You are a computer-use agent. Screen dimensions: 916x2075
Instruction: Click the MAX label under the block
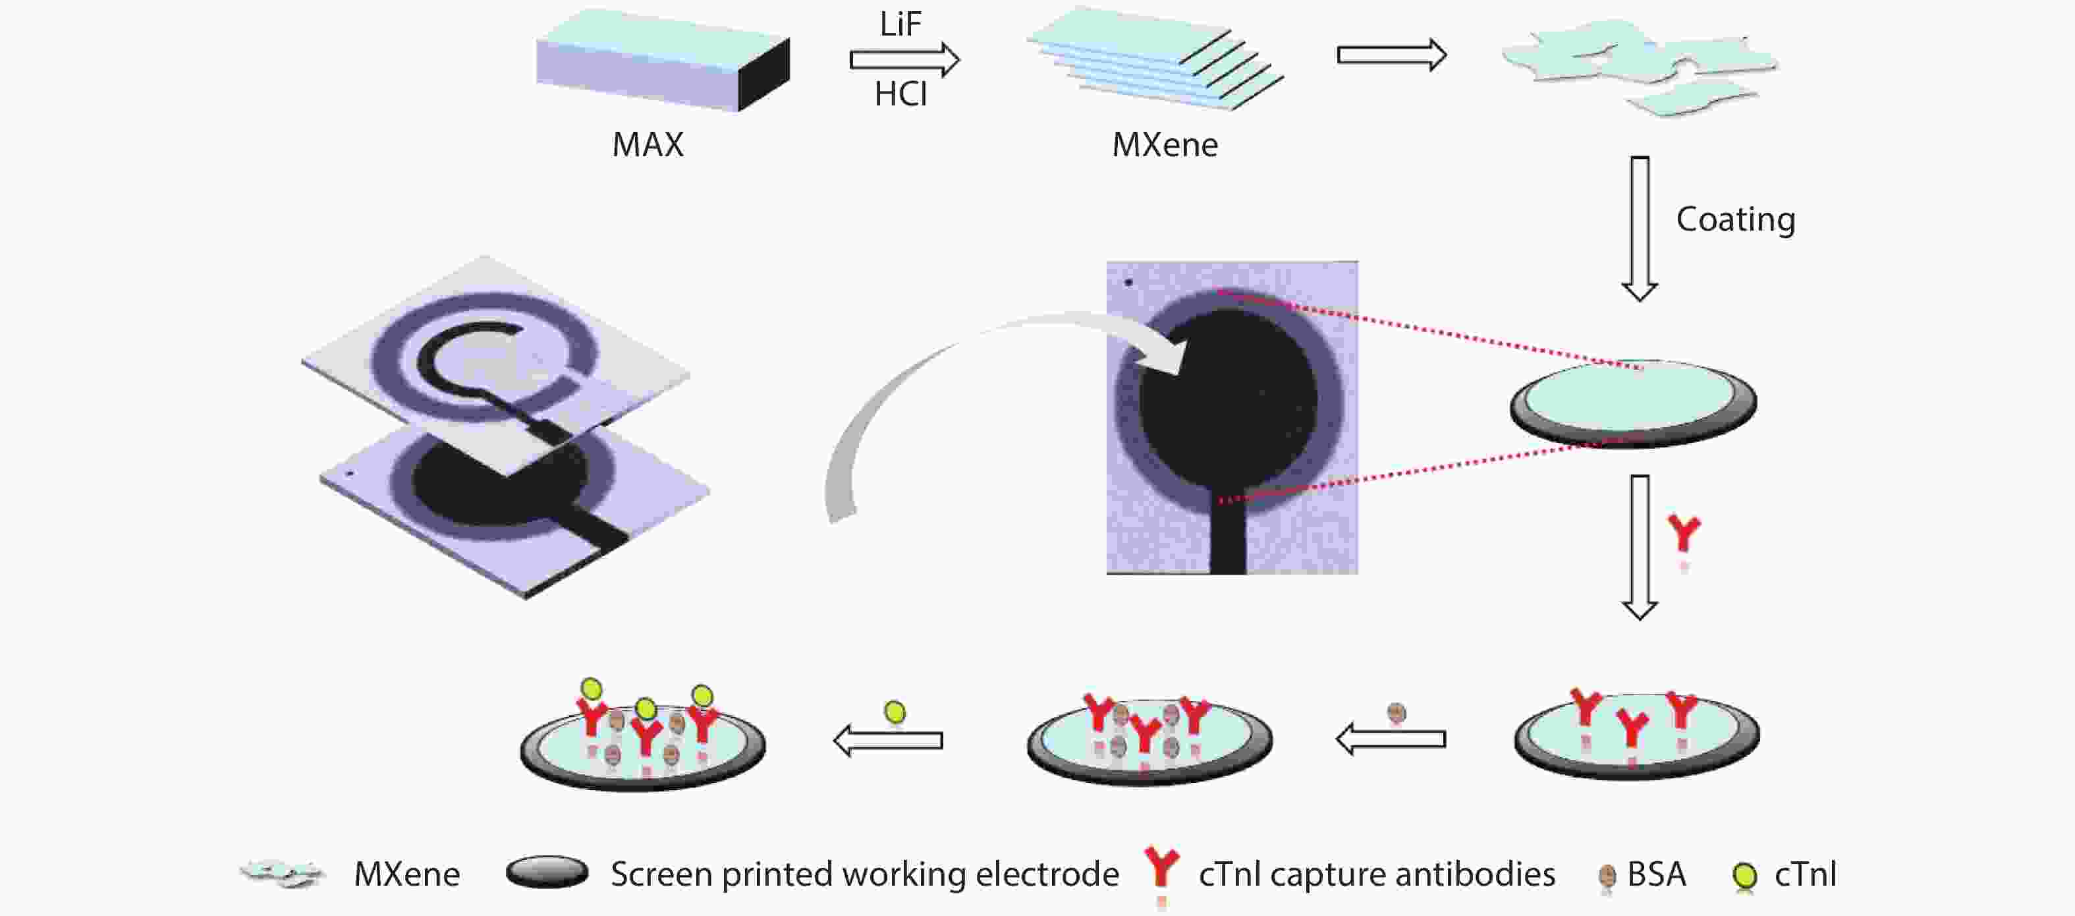(648, 145)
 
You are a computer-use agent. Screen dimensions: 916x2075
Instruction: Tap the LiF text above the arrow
(900, 24)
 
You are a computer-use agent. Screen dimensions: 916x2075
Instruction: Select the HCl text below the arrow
(900, 94)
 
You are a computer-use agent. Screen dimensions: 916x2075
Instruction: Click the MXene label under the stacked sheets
(1164, 145)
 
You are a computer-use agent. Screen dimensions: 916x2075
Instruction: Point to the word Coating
(1735, 219)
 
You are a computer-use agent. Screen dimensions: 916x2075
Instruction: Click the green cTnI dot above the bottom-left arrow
(894, 712)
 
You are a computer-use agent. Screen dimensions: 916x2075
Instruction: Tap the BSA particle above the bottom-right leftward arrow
(1396, 713)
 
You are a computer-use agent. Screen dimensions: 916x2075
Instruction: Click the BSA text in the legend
(1656, 874)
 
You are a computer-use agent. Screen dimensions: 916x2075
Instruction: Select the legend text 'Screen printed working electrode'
(864, 874)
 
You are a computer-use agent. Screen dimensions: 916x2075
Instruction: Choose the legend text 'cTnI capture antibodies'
(1376, 874)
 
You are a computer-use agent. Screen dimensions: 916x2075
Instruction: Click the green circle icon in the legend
(1745, 875)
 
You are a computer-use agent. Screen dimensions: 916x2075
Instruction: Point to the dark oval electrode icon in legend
(547, 872)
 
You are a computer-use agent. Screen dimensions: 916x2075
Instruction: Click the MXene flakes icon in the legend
(282, 873)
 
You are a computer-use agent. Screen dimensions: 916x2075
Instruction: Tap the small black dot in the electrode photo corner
(1128, 282)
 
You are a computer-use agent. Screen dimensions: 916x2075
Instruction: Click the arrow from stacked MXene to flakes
(1391, 55)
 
